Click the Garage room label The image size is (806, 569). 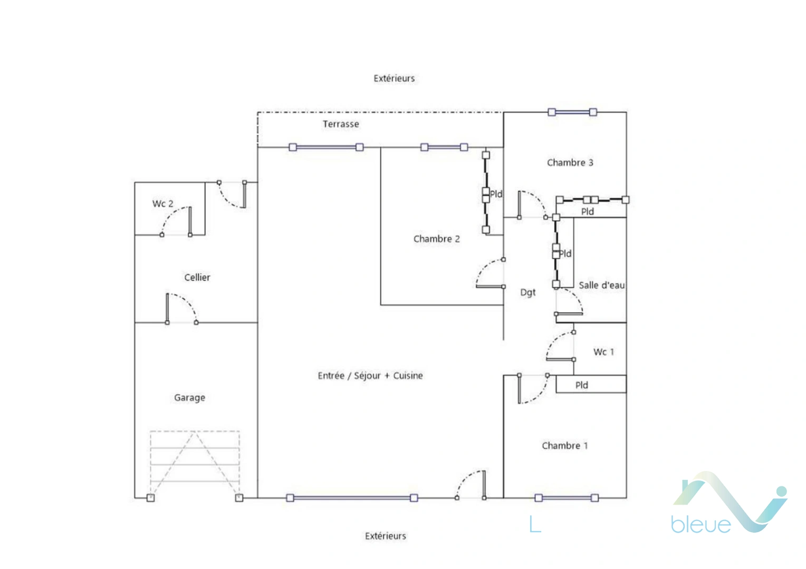[189, 398]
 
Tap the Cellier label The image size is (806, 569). [197, 278]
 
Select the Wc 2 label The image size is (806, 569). [162, 204]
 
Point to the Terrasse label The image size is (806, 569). [341, 124]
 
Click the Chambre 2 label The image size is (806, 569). [436, 239]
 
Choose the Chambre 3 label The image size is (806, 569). [570, 163]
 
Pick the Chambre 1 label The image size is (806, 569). [565, 446]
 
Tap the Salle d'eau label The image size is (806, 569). [602, 286]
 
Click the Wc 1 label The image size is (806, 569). [603, 352]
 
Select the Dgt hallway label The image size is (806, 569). [528, 292]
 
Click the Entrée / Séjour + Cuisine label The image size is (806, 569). [370, 376]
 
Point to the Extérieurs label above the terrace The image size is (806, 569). [394, 79]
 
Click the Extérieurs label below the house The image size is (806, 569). [386, 536]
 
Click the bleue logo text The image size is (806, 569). [701, 525]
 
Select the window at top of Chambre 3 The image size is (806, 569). [572, 112]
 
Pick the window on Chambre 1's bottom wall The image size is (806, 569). [567, 498]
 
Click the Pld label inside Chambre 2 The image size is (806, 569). [496, 194]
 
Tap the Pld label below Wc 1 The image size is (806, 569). [581, 385]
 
